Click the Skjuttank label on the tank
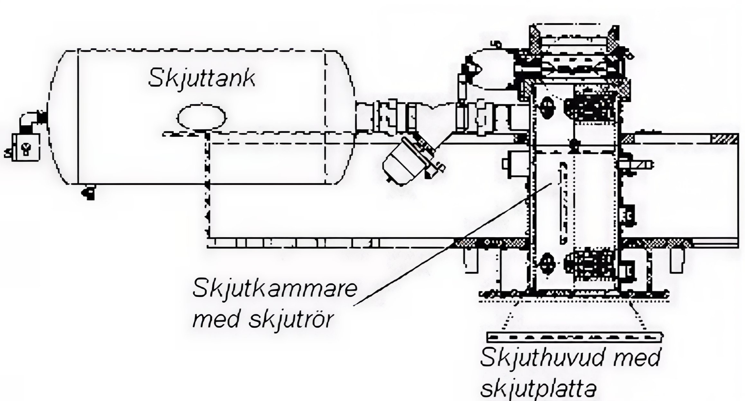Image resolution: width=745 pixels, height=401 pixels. coord(201,78)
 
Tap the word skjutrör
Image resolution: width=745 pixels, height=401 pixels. coord(291,320)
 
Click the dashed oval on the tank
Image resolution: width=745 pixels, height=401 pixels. coord(201,117)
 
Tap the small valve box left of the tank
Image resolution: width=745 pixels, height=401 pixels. coord(26,148)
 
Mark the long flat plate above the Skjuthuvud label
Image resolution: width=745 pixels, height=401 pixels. coord(574,337)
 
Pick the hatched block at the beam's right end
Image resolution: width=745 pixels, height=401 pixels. coord(725,139)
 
